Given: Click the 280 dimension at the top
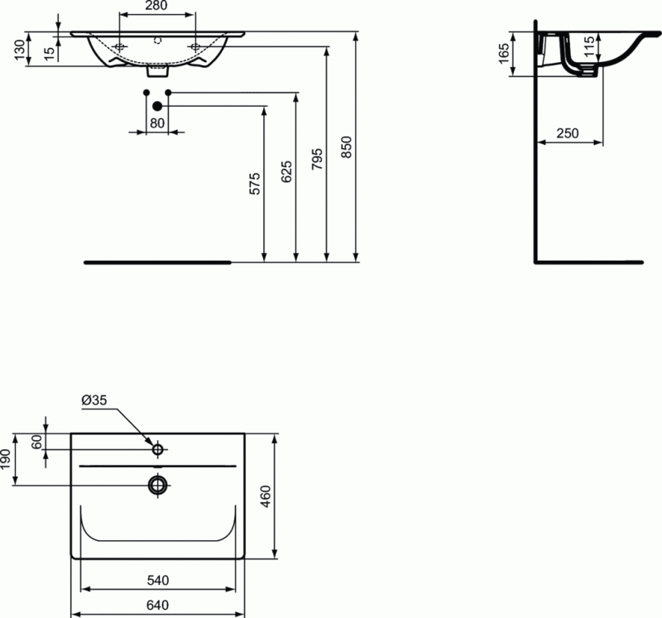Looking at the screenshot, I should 157,6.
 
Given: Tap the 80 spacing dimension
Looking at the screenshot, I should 157,123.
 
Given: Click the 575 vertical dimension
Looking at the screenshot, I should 255,183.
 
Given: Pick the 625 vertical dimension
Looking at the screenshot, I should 286,170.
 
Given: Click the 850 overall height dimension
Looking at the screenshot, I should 348,146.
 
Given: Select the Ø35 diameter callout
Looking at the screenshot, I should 94,401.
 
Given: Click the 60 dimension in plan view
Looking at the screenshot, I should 36,442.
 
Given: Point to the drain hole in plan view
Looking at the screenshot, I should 157,484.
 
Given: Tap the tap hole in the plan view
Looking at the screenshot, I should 157,450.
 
